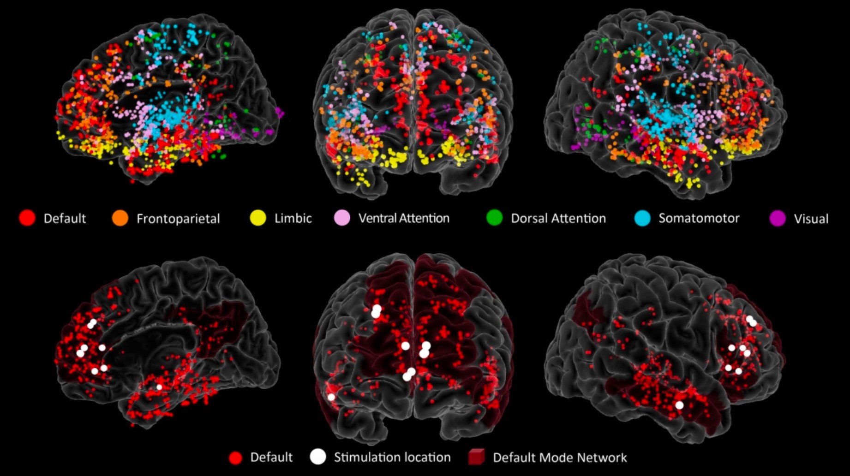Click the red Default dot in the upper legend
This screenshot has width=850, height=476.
[x=27, y=218]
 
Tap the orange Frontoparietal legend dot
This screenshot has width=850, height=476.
[x=120, y=218]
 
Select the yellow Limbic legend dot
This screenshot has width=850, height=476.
[x=258, y=218]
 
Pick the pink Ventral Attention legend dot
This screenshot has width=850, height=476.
[x=342, y=218]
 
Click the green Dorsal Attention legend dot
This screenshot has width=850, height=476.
[x=494, y=218]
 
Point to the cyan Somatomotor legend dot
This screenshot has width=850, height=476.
[x=642, y=218]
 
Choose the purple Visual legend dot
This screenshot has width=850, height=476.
[x=778, y=218]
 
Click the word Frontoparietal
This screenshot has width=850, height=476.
[x=178, y=219]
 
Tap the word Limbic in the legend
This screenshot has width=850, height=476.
[x=293, y=218]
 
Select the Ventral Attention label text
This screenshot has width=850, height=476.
[x=404, y=218]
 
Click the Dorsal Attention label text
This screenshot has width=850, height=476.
[x=558, y=218]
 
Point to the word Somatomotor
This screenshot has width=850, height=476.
[x=699, y=218]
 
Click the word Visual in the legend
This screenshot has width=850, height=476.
[x=811, y=219]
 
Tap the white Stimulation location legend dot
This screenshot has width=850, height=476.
[x=318, y=457]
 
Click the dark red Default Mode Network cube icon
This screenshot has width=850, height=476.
[x=476, y=457]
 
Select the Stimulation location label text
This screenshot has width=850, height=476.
[x=392, y=457]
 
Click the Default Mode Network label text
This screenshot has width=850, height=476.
[x=560, y=458]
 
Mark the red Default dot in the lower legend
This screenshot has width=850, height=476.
[x=235, y=458]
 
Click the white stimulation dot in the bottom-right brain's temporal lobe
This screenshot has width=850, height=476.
[x=679, y=405]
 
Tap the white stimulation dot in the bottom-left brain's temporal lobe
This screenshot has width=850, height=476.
[x=159, y=387]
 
